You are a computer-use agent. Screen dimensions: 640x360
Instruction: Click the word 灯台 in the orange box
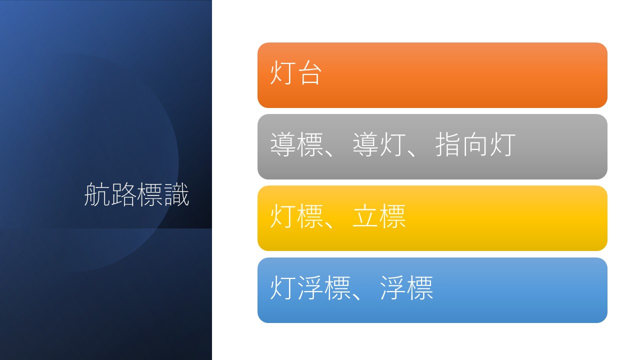(x=295, y=72)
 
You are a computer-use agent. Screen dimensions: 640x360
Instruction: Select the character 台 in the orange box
(x=309, y=73)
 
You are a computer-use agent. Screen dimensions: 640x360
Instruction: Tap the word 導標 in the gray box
(x=296, y=144)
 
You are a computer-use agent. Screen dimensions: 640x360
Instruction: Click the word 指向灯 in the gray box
(x=475, y=144)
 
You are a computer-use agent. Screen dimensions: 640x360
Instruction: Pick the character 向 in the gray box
(x=475, y=144)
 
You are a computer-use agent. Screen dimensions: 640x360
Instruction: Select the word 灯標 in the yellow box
(x=296, y=216)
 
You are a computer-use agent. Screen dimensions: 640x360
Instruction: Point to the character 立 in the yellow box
(x=365, y=216)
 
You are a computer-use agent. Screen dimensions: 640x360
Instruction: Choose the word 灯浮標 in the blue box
(x=310, y=287)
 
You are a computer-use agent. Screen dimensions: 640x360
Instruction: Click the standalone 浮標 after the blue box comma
(x=407, y=287)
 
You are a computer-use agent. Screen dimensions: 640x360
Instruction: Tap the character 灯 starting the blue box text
(x=282, y=287)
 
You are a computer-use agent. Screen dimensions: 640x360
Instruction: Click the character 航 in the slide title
(x=97, y=194)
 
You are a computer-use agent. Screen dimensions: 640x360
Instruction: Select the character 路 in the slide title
(x=123, y=194)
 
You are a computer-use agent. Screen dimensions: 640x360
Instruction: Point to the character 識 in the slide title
(x=176, y=194)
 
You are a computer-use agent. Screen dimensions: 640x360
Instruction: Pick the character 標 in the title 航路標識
(x=149, y=194)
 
